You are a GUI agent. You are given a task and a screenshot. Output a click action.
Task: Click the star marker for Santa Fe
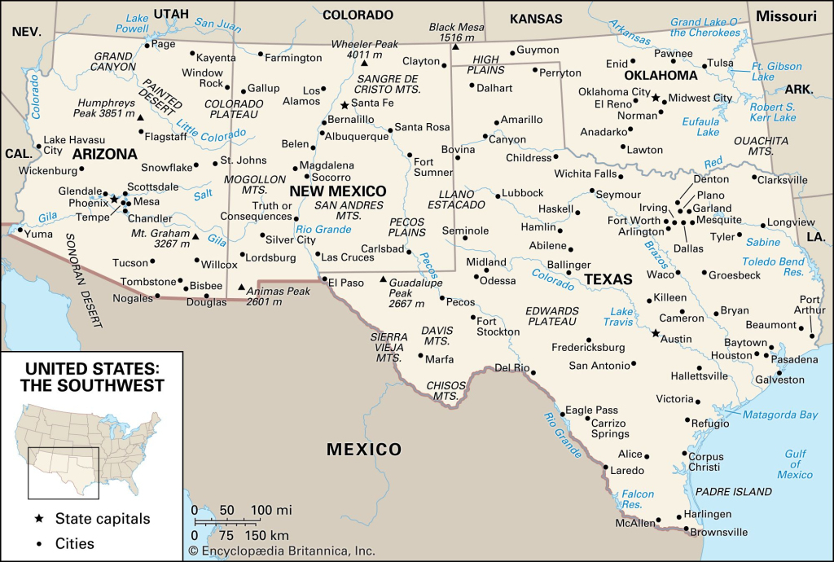point(345,105)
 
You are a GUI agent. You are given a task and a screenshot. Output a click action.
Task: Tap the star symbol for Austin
point(655,333)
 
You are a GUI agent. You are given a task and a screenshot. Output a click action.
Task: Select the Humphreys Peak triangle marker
point(140,118)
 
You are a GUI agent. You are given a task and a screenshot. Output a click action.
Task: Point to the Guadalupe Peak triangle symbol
point(383,280)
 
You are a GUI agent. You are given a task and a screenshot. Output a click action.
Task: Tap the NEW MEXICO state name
point(338,191)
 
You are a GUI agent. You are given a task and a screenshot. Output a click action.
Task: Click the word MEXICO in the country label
point(364,450)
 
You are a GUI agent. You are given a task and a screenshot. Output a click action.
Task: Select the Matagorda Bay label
point(779,415)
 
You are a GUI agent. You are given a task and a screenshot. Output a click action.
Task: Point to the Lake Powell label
point(132,23)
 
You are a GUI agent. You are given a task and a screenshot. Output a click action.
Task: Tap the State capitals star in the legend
point(38,519)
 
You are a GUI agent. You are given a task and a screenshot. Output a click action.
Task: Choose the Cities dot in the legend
point(38,543)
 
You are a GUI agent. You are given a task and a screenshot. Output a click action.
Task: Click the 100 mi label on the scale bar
point(271,510)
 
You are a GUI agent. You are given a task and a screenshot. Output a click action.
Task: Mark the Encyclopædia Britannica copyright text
point(281,551)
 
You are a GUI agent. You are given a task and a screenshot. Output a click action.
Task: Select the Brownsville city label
point(720,532)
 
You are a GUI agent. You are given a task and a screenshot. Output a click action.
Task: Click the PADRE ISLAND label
point(733,492)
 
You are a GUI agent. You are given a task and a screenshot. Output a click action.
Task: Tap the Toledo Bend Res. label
point(773,267)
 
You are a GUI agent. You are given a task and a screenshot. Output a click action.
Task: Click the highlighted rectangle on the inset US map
point(64,472)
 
